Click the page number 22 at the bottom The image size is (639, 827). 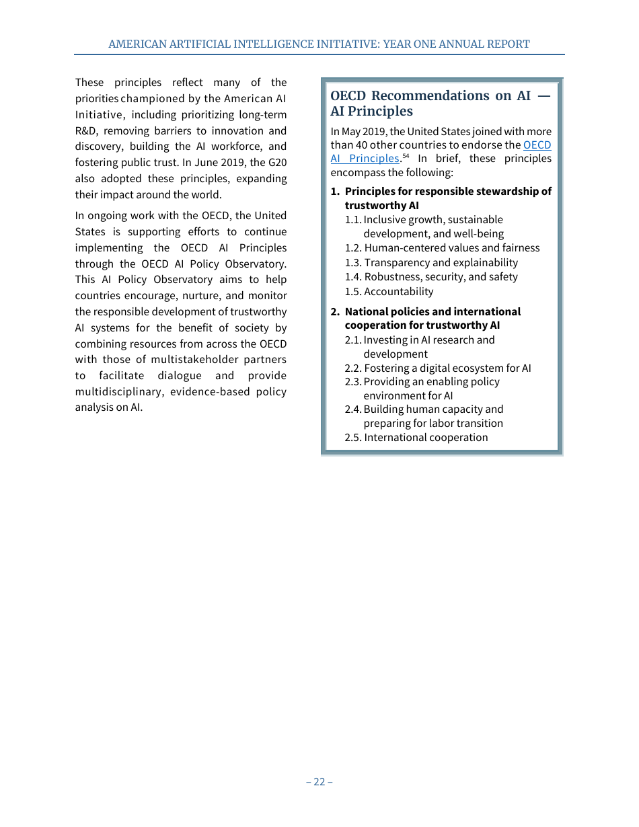[x=319, y=781]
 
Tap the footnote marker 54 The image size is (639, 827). [x=406, y=156]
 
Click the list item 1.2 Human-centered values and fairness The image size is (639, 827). [x=442, y=248]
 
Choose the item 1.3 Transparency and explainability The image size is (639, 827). [x=431, y=263]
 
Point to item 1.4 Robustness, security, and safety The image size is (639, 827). [x=431, y=277]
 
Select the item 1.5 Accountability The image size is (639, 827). [x=389, y=292]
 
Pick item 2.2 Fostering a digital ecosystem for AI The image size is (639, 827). [x=438, y=368]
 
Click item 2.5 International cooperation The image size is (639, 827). [x=416, y=438]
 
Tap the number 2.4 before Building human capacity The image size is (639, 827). [x=353, y=409]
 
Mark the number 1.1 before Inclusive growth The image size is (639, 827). [x=353, y=220]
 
